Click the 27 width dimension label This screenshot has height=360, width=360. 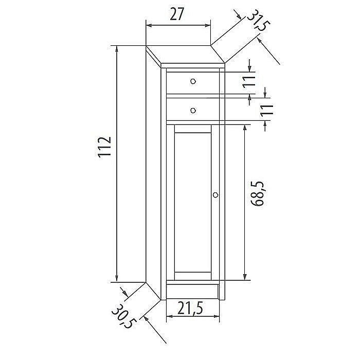[177, 14]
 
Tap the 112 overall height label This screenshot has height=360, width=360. [105, 147]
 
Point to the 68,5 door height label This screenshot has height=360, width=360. [257, 193]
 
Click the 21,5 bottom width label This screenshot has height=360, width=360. [190, 308]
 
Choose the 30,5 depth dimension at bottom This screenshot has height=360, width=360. [124, 316]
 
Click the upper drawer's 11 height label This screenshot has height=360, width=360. [249, 81]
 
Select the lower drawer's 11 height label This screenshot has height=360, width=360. [267, 110]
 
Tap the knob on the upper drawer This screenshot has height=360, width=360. [193, 81]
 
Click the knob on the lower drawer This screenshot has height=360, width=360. [193, 111]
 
